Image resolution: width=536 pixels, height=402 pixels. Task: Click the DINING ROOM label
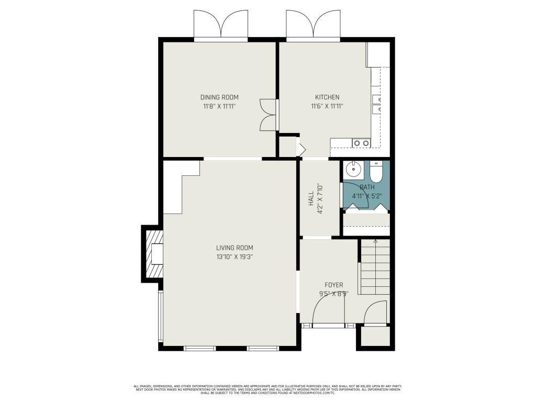219,97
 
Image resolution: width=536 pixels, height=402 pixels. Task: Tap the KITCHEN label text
327,97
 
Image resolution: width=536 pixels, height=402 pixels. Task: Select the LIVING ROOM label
234,248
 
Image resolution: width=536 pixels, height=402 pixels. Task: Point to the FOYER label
333,285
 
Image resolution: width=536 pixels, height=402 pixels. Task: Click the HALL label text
311,198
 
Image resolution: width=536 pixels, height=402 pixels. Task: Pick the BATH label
367,187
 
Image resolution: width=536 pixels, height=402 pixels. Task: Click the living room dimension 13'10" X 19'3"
234,256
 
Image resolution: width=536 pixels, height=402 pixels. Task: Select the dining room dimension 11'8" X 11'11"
219,106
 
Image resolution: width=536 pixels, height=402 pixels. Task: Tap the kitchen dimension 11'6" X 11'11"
327,106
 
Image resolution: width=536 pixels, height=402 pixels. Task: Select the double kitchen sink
361,143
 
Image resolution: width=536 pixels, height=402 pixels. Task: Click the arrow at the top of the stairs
375,241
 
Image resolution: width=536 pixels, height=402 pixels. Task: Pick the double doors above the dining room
220,25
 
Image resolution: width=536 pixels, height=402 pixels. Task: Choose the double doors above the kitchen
312,25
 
